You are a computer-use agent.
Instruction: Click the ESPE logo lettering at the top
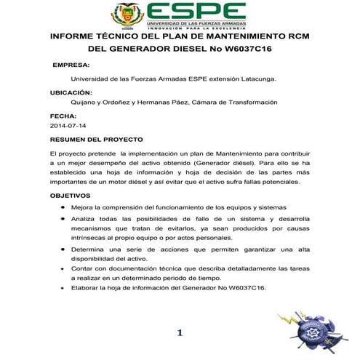(x=196, y=11)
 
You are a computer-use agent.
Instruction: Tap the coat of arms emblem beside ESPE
(x=128, y=14)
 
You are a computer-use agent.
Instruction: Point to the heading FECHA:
(x=63, y=116)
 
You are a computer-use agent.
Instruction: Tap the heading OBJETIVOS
(x=70, y=196)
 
